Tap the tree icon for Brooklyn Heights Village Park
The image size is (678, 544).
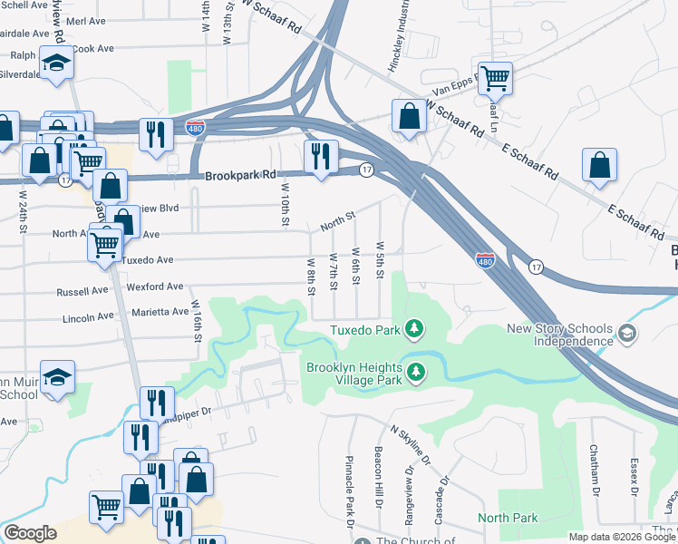tap(415, 372)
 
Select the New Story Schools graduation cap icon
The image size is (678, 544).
tap(626, 335)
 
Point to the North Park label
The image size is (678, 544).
tap(508, 519)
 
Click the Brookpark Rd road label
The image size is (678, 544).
tap(239, 176)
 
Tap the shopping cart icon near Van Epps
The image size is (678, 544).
tap(495, 79)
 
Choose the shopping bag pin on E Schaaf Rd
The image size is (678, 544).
tap(600, 166)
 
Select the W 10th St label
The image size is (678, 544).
tap(285, 205)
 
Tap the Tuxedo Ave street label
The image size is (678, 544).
tap(147, 259)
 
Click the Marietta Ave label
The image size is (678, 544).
tap(162, 312)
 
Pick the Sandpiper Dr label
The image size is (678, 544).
tap(194, 412)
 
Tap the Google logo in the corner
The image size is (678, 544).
tap(30, 533)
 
